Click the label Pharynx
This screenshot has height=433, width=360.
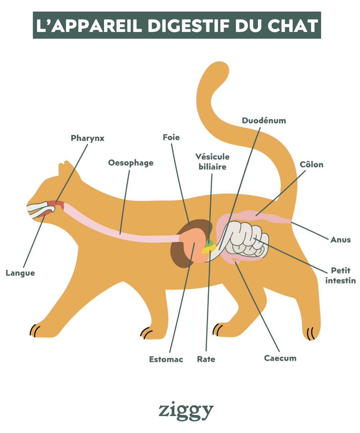(x=87, y=138)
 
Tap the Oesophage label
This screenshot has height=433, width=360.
(x=131, y=163)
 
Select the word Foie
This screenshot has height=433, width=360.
(x=171, y=137)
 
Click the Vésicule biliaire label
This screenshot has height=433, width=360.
(x=212, y=162)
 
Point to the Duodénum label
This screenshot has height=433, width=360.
(x=264, y=120)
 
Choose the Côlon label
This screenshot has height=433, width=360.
(x=311, y=165)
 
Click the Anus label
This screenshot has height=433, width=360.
(x=341, y=240)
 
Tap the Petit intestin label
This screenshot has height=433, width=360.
(x=341, y=275)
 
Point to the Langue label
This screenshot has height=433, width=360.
(x=20, y=273)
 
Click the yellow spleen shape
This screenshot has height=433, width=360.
(x=209, y=249)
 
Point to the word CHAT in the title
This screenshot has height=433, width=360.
(x=293, y=26)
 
